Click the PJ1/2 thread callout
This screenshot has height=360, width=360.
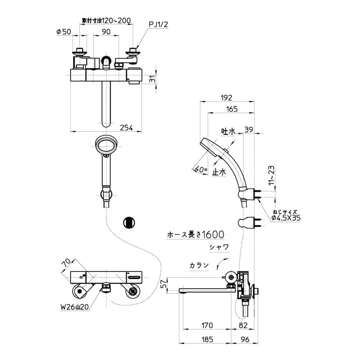tap(158, 24)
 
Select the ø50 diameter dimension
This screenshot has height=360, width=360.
tap(64, 32)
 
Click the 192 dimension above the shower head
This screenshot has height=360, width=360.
tap(227, 97)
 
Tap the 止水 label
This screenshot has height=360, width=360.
tap(219, 172)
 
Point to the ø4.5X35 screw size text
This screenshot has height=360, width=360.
tap(286, 217)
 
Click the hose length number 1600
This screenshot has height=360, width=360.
tap(213, 235)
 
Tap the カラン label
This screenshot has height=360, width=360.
tap(199, 266)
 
